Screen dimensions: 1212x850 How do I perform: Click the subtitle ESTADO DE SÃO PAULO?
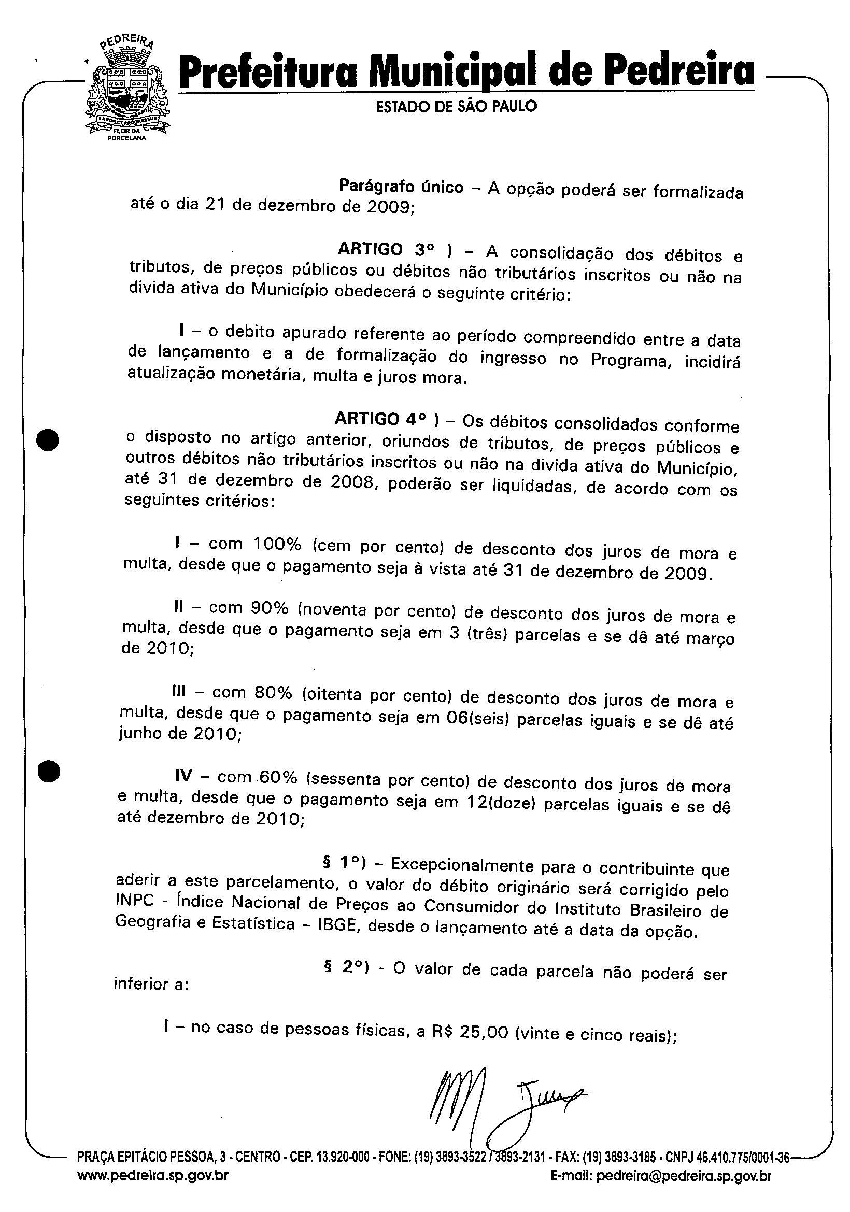click(x=456, y=107)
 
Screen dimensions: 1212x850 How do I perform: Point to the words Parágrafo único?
click(x=401, y=187)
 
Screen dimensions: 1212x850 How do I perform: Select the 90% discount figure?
click(x=270, y=608)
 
